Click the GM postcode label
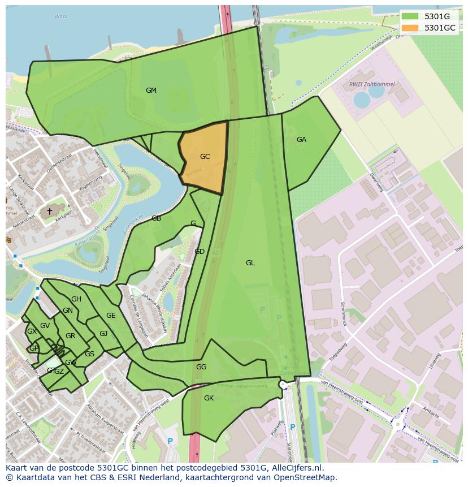click(x=151, y=90)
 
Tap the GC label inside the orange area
click(x=205, y=157)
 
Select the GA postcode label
click(x=301, y=140)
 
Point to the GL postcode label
click(x=250, y=263)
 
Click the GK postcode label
click(x=209, y=398)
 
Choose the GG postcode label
click(x=201, y=367)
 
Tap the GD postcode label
click(x=200, y=252)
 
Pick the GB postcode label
click(x=156, y=218)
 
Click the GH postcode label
click(x=76, y=299)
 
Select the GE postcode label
click(x=111, y=316)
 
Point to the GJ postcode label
click(x=103, y=334)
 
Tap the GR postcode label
click(x=70, y=336)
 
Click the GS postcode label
click(x=89, y=354)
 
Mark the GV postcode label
click(x=45, y=326)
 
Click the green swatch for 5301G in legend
click(x=410, y=17)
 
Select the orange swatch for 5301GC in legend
click(x=410, y=28)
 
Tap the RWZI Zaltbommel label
click(x=371, y=84)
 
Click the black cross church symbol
click(x=49, y=212)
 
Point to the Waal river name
click(x=60, y=16)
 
